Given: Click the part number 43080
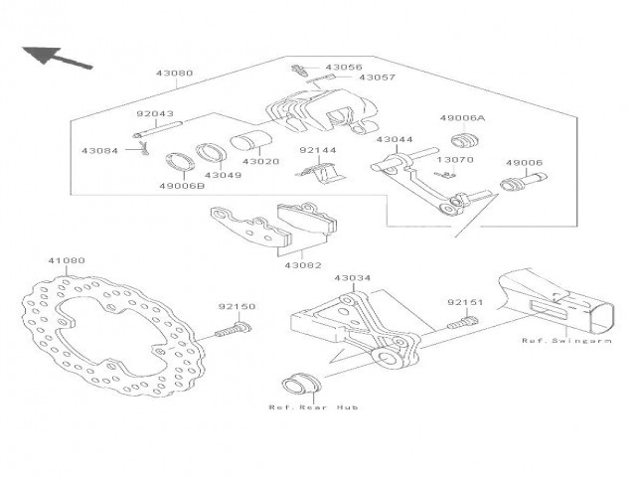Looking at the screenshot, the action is tap(175, 74).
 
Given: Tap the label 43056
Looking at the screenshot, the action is tap(344, 67).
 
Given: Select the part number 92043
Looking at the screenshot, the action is tap(155, 114).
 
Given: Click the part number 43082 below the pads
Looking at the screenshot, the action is tap(303, 265).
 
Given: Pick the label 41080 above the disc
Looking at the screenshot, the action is tap(67, 260).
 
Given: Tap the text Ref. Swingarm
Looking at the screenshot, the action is tap(566, 341).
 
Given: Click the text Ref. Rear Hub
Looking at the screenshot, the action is tap(314, 406).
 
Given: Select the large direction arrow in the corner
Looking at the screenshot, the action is tap(57, 58).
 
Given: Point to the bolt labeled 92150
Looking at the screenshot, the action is tap(234, 329).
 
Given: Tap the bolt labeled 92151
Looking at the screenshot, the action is tap(463, 323).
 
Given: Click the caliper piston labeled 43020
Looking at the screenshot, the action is tap(249, 141).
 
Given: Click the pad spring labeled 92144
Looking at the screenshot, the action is tap(321, 172).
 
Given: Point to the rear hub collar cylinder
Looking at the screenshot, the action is tap(301, 383).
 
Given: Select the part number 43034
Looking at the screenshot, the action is tap(353, 278).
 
